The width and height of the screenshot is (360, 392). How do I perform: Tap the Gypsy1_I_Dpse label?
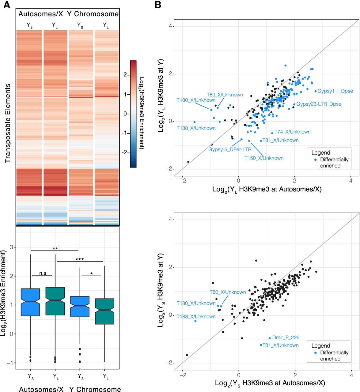335,91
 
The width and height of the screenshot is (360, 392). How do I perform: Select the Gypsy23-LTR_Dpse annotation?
319,104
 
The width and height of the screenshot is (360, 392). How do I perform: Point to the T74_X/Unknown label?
292,132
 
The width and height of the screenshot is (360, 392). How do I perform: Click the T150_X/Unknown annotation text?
264,158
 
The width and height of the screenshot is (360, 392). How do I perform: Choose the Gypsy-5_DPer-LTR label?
230,149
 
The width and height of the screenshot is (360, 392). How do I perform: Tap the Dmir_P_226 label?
286,337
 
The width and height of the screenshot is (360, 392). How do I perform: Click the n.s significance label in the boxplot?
43,273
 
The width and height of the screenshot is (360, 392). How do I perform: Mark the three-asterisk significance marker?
80,259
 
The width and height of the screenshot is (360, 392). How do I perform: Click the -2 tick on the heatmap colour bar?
125,152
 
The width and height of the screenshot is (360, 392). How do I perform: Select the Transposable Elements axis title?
8,123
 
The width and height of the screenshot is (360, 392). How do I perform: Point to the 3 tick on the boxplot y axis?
11,247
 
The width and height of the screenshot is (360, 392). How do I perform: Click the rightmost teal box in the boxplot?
105,311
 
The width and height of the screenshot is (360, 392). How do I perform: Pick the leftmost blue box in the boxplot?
30,302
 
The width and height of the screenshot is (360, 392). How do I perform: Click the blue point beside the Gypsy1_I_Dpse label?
316,91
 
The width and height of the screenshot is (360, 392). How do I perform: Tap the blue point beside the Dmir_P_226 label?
270,338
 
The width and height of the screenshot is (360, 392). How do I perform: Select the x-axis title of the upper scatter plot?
267,189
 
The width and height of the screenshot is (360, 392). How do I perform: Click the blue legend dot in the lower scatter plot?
316,353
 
